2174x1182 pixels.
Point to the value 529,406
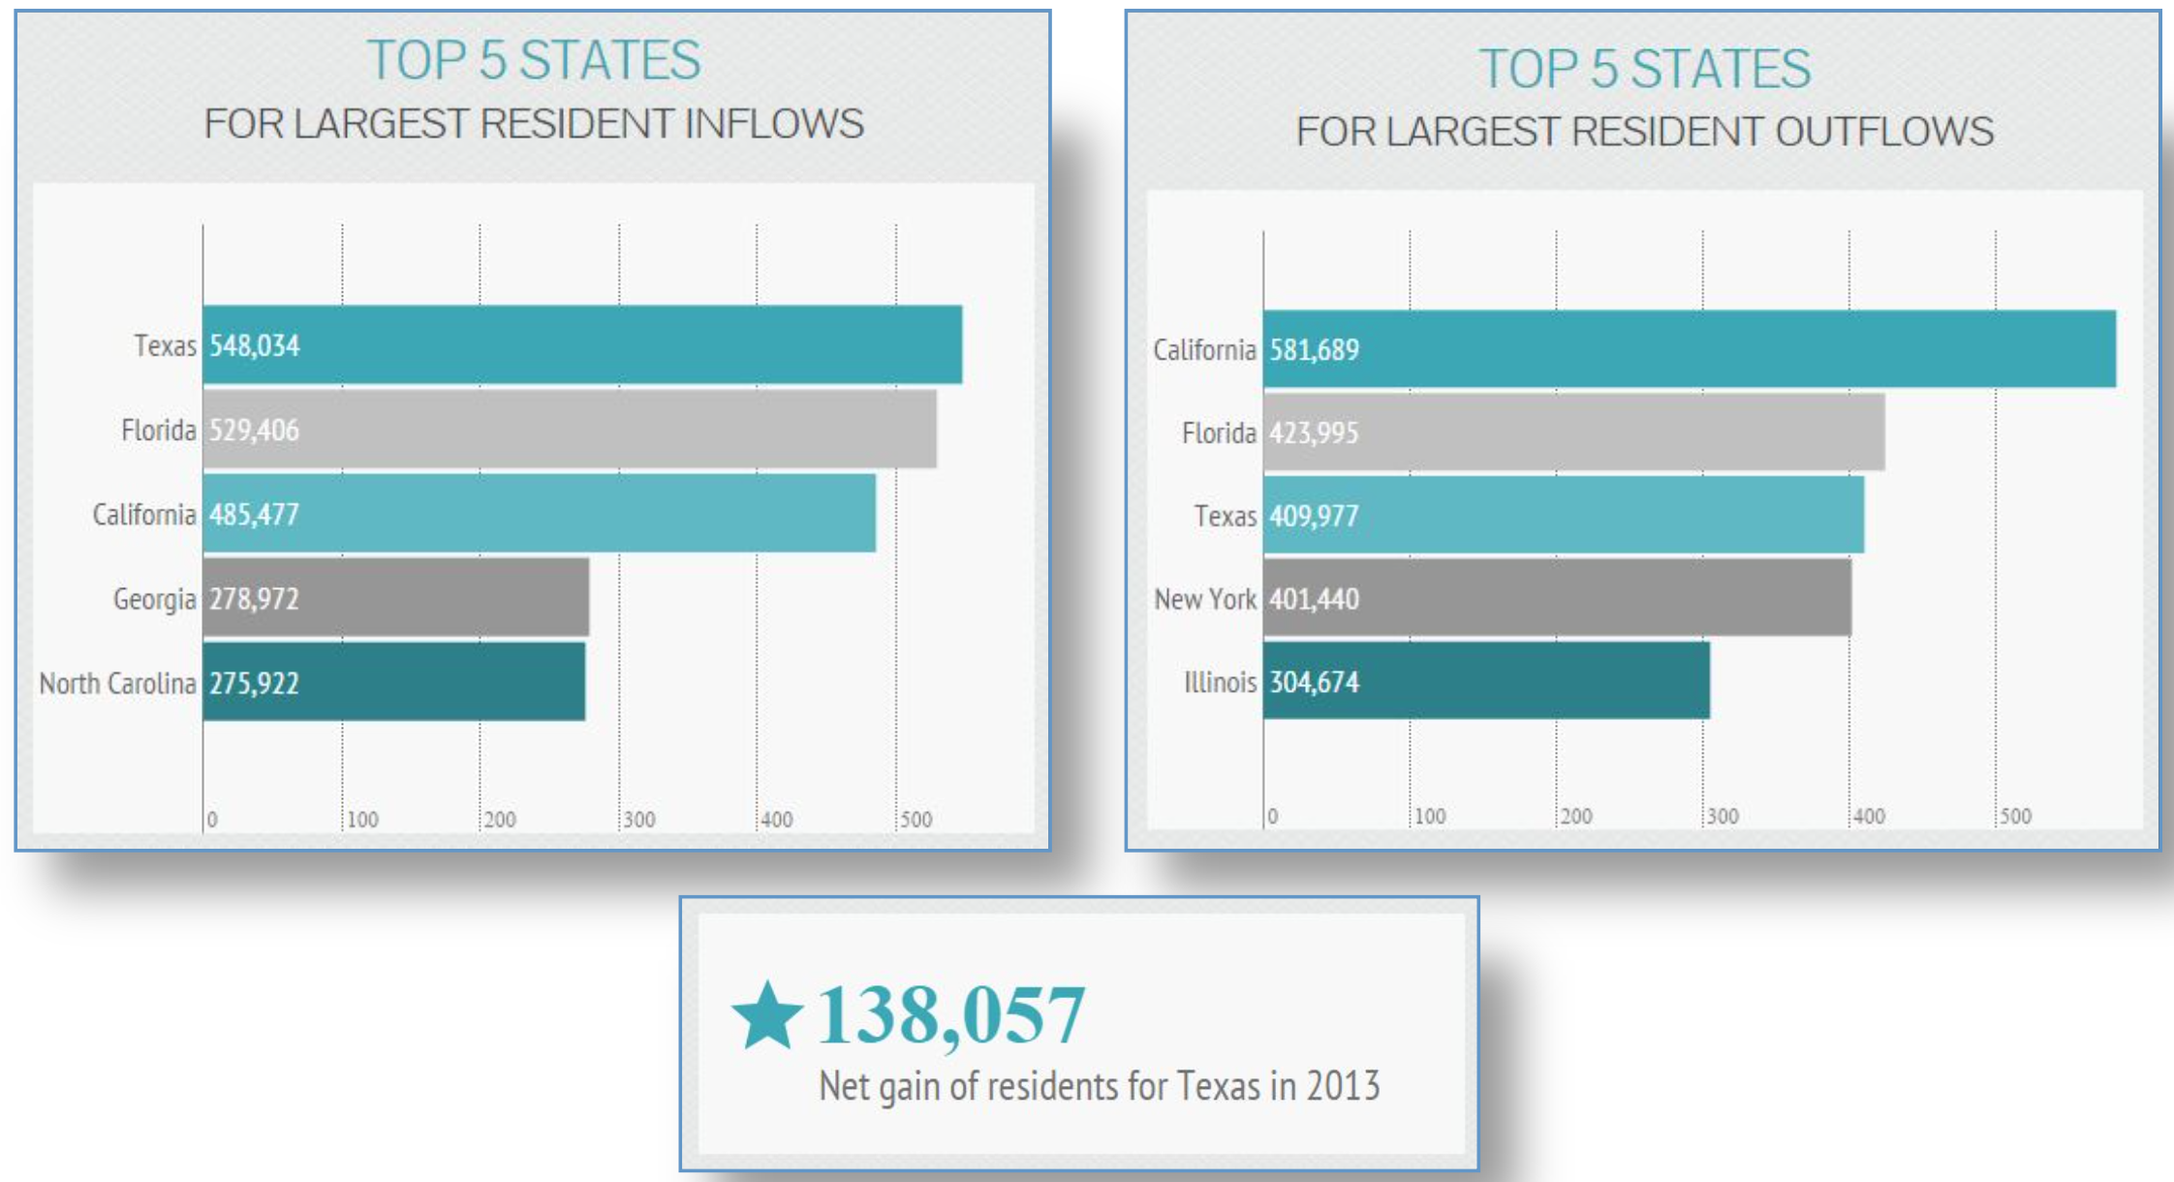254,430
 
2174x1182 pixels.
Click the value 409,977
1314,515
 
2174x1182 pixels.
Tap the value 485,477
254,514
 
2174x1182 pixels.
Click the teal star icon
767,1015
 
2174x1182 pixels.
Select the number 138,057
950,1015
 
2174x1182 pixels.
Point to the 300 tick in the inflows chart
639,820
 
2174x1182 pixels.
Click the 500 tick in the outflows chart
2015,817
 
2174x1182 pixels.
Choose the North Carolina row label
117,683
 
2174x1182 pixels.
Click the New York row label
1204,599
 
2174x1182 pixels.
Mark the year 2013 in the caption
1343,1086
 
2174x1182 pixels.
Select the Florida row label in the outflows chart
1218,432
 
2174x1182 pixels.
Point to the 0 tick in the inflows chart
212,820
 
